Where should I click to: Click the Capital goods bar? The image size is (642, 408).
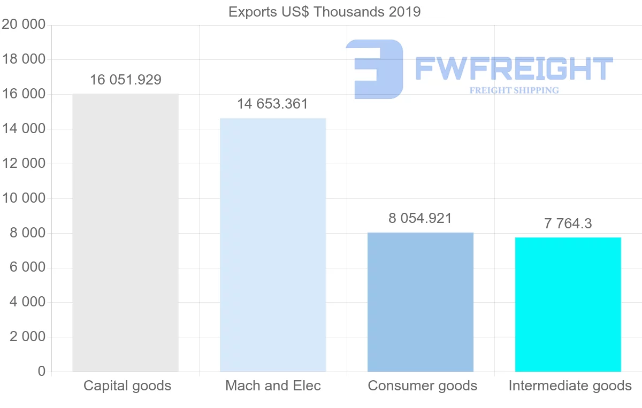(x=125, y=233)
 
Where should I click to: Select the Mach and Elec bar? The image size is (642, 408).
(x=273, y=245)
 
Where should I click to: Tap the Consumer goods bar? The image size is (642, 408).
(x=421, y=302)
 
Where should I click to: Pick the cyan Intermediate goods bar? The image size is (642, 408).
(x=568, y=304)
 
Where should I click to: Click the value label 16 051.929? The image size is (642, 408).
(x=125, y=80)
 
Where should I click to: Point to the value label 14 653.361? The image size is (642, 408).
(x=273, y=104)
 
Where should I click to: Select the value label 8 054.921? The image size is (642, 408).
(x=421, y=218)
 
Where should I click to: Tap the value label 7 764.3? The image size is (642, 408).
(x=568, y=224)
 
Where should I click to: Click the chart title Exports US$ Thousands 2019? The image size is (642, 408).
(x=325, y=12)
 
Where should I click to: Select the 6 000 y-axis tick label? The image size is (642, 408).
(x=27, y=267)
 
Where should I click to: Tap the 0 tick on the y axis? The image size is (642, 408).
(x=42, y=372)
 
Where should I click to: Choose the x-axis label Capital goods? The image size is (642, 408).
(x=127, y=386)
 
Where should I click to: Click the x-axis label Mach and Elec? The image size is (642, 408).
(x=273, y=386)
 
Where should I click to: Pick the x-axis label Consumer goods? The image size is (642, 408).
(x=422, y=386)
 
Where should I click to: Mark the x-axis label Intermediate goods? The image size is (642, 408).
(x=570, y=386)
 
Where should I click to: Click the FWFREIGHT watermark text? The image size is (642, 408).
(x=514, y=69)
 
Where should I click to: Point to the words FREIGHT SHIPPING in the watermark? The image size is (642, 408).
(x=514, y=90)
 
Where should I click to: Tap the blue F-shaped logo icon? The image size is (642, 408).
(x=375, y=69)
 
